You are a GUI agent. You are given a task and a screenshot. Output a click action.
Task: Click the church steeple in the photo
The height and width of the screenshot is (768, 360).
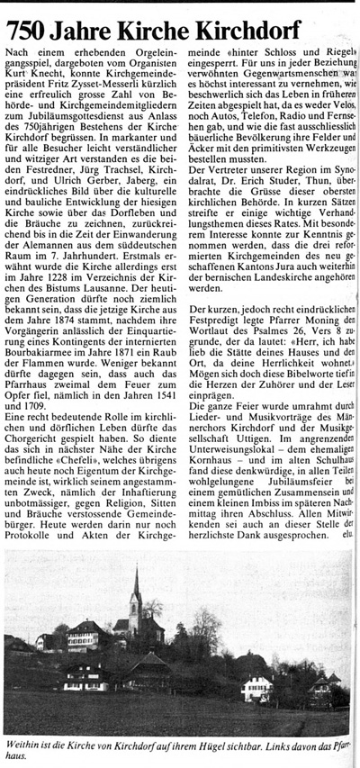point(136,585)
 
